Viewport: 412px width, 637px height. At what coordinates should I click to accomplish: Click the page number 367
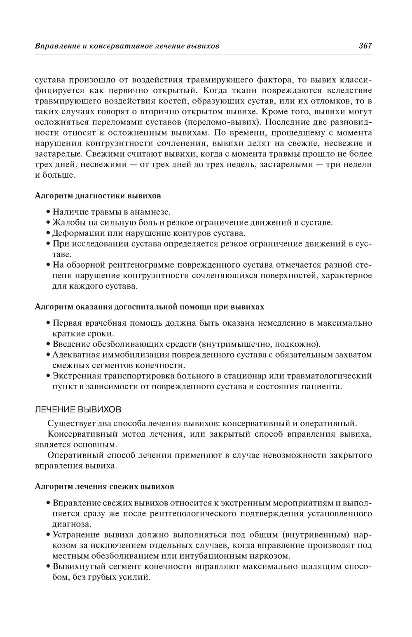pos(365,46)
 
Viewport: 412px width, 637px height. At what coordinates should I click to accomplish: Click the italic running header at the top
pos(127,46)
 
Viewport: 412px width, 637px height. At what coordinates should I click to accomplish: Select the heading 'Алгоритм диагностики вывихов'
pos(98,195)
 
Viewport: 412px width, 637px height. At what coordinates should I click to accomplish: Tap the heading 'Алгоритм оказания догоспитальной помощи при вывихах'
pos(149,307)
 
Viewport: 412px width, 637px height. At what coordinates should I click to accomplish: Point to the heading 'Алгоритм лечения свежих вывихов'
pos(104,487)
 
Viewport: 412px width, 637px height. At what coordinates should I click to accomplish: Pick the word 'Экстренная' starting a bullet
pos(75,376)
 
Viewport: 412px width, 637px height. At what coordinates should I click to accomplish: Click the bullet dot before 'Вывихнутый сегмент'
pos(48,566)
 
